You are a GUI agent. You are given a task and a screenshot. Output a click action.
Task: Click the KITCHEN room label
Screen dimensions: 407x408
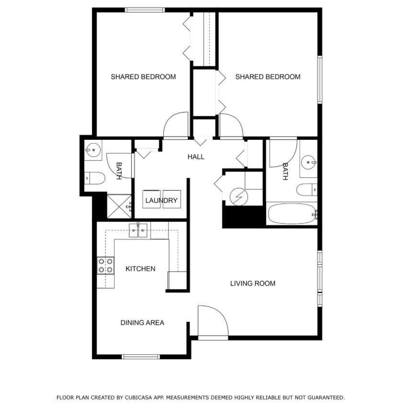(140, 269)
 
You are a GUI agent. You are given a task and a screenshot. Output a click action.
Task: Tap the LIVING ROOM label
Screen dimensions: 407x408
(253, 283)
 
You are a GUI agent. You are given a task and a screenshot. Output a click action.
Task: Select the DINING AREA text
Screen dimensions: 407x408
(142, 323)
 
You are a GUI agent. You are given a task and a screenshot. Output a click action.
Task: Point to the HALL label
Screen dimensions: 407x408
(196, 157)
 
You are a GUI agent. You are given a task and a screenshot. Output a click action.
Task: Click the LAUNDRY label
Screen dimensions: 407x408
(161, 200)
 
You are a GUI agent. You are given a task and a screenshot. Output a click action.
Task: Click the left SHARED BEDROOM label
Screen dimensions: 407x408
(143, 77)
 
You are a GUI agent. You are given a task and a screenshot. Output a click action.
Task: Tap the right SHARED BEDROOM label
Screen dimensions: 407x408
(268, 77)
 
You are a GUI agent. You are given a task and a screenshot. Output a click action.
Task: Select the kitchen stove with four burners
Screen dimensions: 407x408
(106, 265)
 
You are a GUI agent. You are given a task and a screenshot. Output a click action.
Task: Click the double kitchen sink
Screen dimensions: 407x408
(138, 230)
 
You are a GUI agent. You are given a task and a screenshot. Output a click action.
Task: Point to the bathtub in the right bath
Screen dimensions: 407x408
(292, 214)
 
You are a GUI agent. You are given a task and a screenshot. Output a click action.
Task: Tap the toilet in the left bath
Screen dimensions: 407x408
(95, 178)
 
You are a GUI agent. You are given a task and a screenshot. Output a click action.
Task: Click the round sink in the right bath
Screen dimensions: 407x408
(309, 162)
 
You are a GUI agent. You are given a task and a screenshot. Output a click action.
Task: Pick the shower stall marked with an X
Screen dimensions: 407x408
(119, 206)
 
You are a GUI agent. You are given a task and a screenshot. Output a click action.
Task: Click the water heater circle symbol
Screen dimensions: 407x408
(238, 197)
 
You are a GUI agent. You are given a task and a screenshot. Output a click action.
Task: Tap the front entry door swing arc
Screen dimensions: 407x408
(221, 312)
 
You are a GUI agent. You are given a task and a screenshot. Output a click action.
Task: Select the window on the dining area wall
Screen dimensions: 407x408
(141, 356)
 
